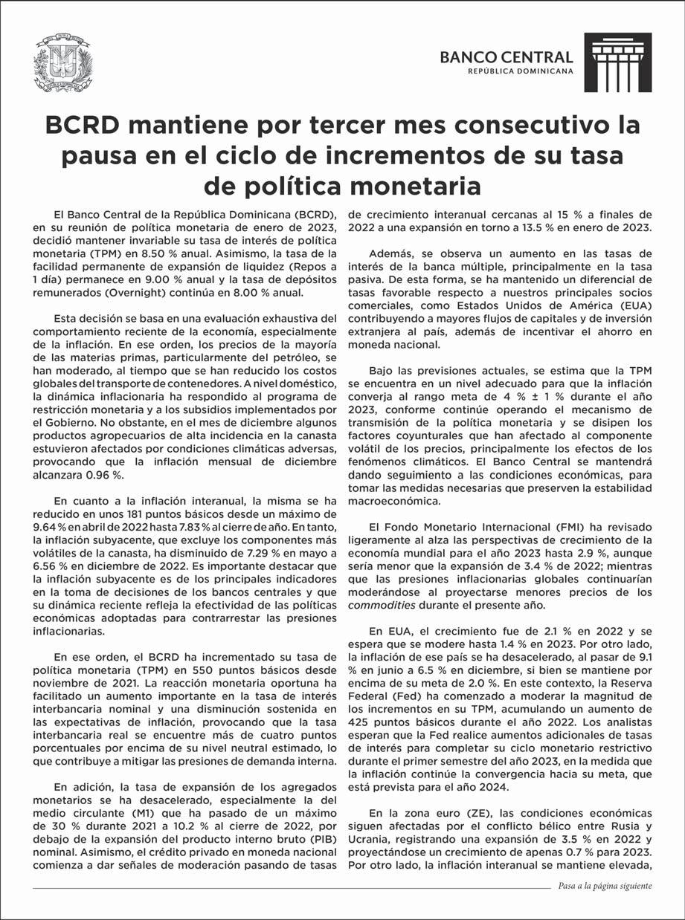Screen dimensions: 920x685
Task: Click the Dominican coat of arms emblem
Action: [x=63, y=62]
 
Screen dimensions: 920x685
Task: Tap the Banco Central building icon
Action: [x=617, y=62]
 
